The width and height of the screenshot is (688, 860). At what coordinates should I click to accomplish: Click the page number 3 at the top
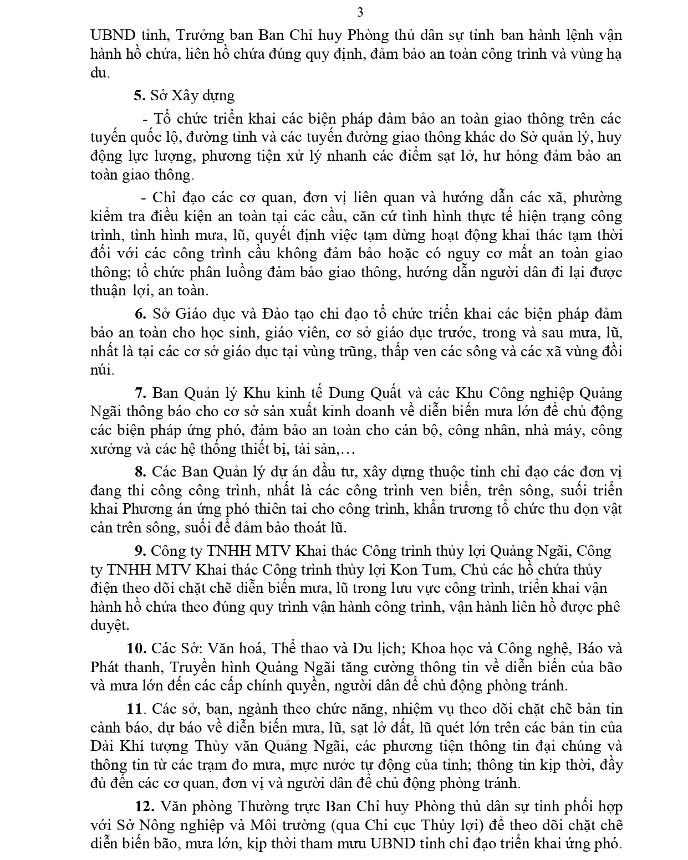(x=360, y=12)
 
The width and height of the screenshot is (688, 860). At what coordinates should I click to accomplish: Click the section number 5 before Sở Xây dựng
(x=139, y=95)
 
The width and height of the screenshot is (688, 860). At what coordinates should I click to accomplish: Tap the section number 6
(x=140, y=314)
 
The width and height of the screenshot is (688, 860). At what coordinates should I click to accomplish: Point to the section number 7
(x=140, y=393)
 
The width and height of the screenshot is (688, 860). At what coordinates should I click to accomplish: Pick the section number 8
(x=140, y=472)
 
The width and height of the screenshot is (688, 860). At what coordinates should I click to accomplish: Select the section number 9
(x=140, y=551)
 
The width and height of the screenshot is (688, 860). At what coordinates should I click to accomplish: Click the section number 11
(x=135, y=709)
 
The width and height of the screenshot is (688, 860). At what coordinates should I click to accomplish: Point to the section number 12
(x=143, y=806)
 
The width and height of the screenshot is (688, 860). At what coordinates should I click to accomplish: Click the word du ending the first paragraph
(x=99, y=73)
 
